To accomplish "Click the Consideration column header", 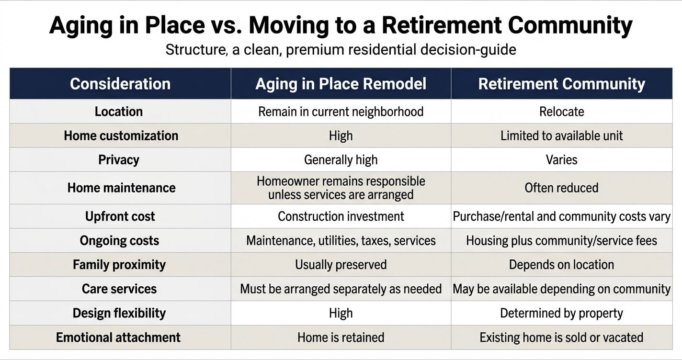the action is pyautogui.click(x=120, y=84).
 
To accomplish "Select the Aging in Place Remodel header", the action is pyautogui.click(x=341, y=84).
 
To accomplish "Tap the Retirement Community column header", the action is pyautogui.click(x=561, y=84).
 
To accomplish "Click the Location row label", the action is pyautogui.click(x=119, y=112).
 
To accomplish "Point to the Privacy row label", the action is pyautogui.click(x=119, y=160).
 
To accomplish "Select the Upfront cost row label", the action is pyautogui.click(x=120, y=216).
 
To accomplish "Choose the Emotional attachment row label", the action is pyautogui.click(x=118, y=337).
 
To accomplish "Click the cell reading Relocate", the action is pyautogui.click(x=562, y=112).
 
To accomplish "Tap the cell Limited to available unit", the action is pyautogui.click(x=562, y=136).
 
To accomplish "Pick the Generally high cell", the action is pyautogui.click(x=341, y=160).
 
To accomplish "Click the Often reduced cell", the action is pyautogui.click(x=561, y=188).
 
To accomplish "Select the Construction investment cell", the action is pyautogui.click(x=341, y=216).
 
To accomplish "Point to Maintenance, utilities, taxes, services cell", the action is pyautogui.click(x=341, y=241).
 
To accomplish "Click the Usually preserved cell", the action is pyautogui.click(x=341, y=265).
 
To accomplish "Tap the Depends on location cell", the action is pyautogui.click(x=561, y=265).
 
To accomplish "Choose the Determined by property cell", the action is pyautogui.click(x=561, y=313).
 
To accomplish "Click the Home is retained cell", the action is pyautogui.click(x=341, y=337).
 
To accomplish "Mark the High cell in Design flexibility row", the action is pyautogui.click(x=341, y=313).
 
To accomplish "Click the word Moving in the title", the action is pyautogui.click(x=289, y=25).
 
